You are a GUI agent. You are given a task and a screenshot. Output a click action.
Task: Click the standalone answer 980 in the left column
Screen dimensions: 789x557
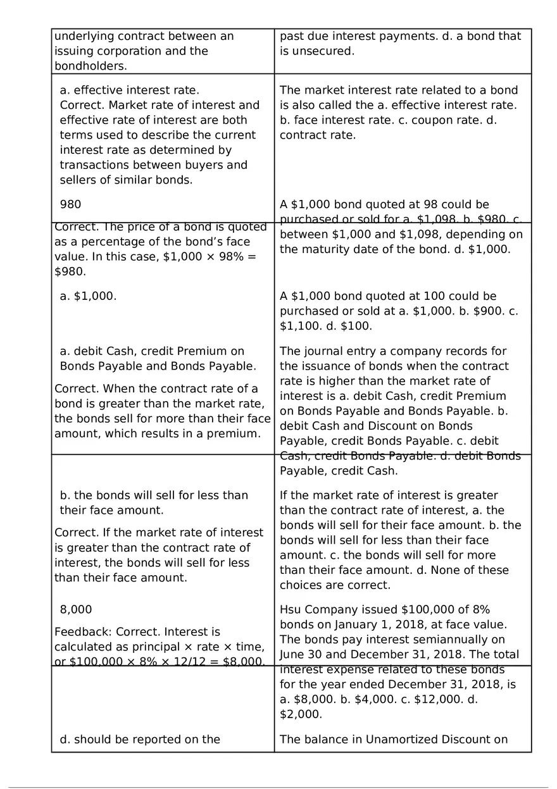pos(70,204)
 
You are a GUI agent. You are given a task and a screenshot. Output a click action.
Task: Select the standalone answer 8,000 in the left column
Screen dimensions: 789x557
pos(76,609)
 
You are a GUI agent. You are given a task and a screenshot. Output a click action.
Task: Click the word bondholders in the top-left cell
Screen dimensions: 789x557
pos(89,66)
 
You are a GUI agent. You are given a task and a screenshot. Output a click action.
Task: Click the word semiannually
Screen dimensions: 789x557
pos(453,640)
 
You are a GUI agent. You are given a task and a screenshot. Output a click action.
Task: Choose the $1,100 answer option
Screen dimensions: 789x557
pos(301,326)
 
